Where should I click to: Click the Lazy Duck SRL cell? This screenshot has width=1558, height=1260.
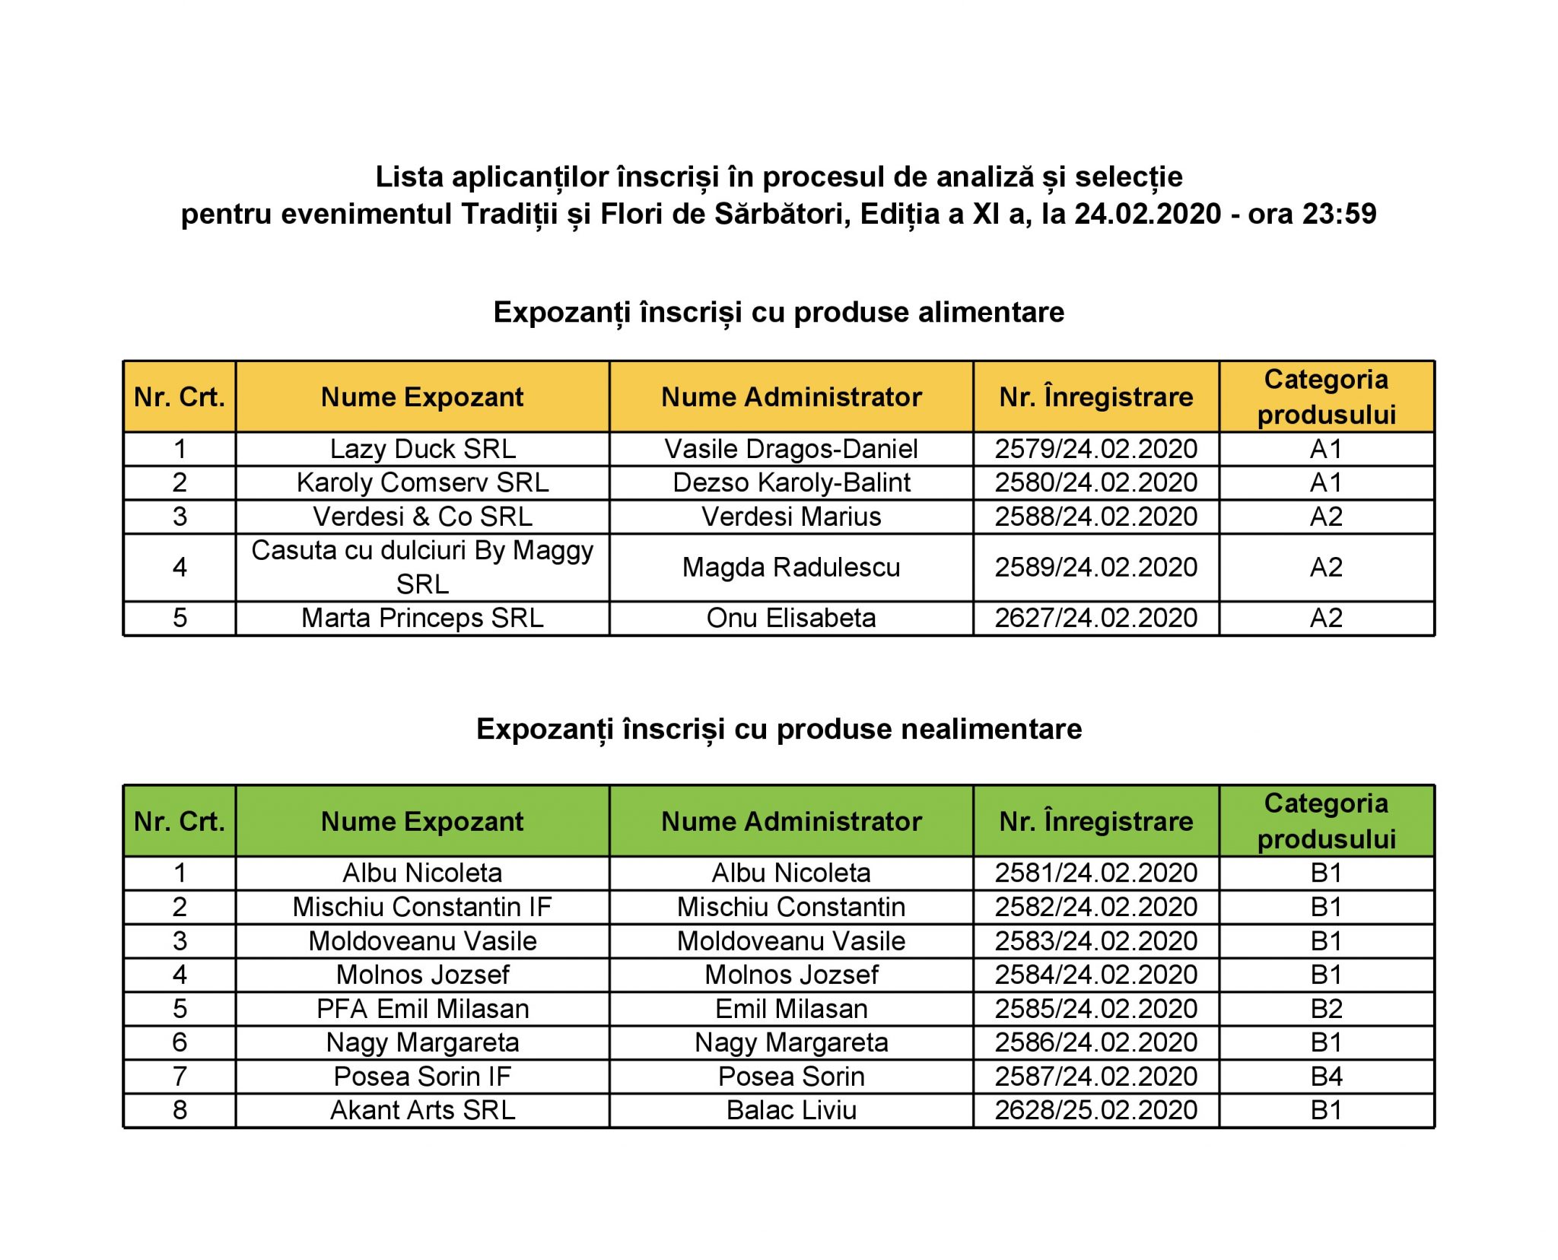click(422, 449)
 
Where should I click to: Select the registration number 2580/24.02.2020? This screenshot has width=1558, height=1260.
click(1095, 482)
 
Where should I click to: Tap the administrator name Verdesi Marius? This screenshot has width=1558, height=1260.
click(791, 517)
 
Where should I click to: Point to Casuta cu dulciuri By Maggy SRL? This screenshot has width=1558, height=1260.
click(422, 567)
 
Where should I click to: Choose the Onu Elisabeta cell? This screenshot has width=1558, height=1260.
click(791, 618)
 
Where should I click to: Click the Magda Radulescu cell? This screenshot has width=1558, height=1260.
click(791, 567)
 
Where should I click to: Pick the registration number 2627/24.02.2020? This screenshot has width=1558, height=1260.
click(1095, 618)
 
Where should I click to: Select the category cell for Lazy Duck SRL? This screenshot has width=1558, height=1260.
click(1326, 449)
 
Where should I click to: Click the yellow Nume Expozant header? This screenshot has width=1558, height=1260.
click(422, 397)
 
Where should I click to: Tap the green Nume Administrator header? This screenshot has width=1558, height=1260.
click(791, 822)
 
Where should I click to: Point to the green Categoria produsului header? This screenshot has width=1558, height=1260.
click(1326, 821)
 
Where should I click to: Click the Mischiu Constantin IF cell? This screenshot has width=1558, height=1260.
click(422, 907)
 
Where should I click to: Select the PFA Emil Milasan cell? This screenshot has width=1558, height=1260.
click(422, 1009)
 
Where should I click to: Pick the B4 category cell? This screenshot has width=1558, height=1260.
click(1326, 1077)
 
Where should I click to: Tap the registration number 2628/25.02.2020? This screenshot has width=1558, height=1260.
click(1095, 1110)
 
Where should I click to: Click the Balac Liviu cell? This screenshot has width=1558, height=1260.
click(791, 1110)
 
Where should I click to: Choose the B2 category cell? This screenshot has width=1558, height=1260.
click(1326, 1009)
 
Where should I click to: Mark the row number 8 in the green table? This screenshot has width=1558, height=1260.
click(180, 1110)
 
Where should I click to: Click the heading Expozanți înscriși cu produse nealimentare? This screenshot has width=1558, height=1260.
click(778, 729)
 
